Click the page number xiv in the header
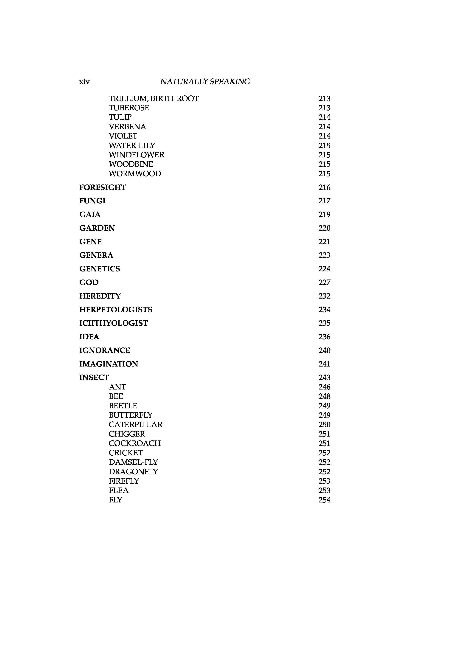[84, 82]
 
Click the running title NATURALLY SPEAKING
[205, 82]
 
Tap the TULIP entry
[120, 117]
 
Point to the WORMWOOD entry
[135, 174]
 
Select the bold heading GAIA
[90, 215]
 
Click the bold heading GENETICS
[100, 269]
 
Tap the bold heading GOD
[89, 283]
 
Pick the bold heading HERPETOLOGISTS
[116, 310]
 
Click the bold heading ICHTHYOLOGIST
[114, 323]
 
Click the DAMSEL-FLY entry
[133, 462]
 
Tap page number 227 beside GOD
[324, 283]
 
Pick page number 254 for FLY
[324, 500]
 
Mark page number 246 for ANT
[324, 387]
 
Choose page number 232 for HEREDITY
[324, 296]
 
